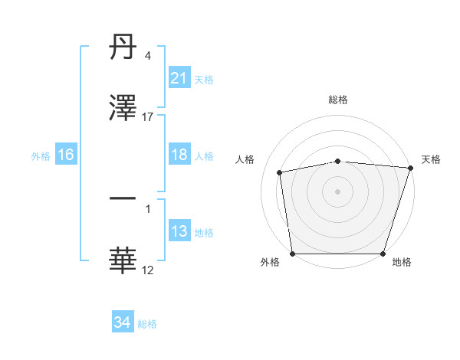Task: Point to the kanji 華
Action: pyautogui.click(x=123, y=261)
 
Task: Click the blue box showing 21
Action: pyautogui.click(x=179, y=78)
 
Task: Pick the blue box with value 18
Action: pyautogui.click(x=179, y=155)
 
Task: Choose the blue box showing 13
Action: pyautogui.click(x=179, y=231)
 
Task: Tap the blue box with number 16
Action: pyautogui.click(x=66, y=155)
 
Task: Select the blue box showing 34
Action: pyautogui.click(x=122, y=322)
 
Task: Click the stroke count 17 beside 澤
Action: pyautogui.click(x=148, y=117)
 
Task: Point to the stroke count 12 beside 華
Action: pyautogui.click(x=148, y=270)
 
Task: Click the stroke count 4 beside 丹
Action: pyautogui.click(x=148, y=56)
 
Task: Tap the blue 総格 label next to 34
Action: pyautogui.click(x=148, y=324)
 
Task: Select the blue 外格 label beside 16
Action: pyautogui.click(x=41, y=155)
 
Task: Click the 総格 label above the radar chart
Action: pyautogui.click(x=338, y=100)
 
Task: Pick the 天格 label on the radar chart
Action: pyautogui.click(x=431, y=159)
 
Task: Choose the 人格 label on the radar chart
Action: pyautogui.click(x=245, y=159)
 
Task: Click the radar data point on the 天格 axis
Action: pyautogui.click(x=410, y=168)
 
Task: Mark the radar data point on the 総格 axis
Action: pyautogui.click(x=338, y=161)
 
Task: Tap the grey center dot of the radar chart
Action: pyautogui.click(x=338, y=191)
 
